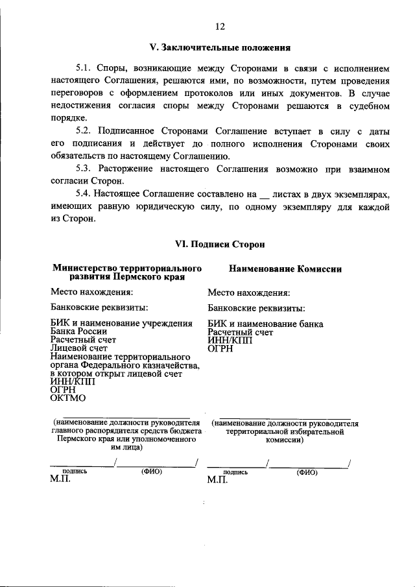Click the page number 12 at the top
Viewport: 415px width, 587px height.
point(220,27)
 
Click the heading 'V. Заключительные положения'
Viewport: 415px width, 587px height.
point(219,47)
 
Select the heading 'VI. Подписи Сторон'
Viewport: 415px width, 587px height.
point(219,244)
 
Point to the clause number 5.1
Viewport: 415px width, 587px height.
point(86,67)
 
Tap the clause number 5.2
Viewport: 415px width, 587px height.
point(86,131)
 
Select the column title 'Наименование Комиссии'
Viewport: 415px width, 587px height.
point(285,268)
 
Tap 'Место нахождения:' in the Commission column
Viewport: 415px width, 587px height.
point(248,293)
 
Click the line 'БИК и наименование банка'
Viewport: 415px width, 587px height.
point(265,324)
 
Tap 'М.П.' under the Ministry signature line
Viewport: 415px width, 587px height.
point(60,481)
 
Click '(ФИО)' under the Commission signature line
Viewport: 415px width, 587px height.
point(307,473)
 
